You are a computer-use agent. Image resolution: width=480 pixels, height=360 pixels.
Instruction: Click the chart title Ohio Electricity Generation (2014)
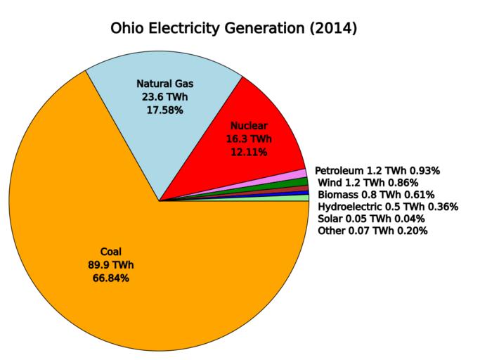click(x=235, y=30)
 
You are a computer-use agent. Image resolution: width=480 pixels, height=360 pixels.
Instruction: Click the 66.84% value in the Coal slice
click(x=111, y=278)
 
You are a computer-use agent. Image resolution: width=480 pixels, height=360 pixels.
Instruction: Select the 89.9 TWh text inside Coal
click(x=111, y=265)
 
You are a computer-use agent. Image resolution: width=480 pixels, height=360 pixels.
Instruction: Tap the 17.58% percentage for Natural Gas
click(x=164, y=110)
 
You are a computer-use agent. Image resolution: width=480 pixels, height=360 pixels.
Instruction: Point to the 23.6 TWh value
click(x=164, y=98)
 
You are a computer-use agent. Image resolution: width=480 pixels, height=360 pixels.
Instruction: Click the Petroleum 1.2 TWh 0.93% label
click(x=377, y=171)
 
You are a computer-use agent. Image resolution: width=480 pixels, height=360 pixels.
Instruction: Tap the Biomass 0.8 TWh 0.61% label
click(x=376, y=195)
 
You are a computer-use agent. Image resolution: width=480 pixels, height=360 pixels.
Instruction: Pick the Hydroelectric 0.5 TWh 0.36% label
click(x=388, y=207)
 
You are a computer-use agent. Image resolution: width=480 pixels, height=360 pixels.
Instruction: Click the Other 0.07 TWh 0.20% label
click(x=372, y=231)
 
